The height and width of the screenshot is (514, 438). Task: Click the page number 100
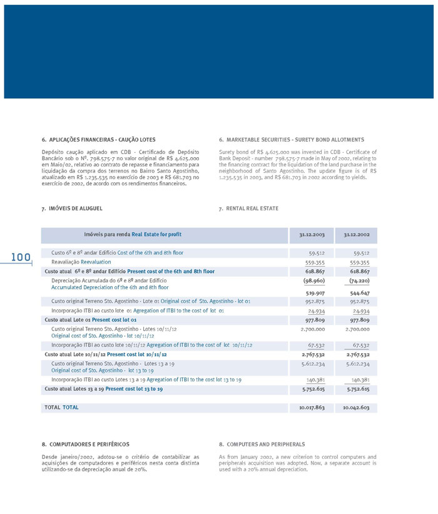[20, 257]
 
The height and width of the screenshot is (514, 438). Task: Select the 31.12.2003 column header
[311, 235]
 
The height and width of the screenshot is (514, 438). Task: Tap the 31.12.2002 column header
[356, 235]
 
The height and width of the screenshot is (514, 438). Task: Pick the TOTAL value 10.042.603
[356, 408]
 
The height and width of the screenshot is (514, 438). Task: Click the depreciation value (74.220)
[358, 281]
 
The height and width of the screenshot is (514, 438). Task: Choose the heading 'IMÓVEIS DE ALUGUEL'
[75, 208]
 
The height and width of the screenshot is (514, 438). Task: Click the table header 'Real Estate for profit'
[156, 235]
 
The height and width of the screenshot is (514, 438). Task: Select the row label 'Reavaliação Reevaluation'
[81, 262]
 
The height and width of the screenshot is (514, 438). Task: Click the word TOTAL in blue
[71, 408]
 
